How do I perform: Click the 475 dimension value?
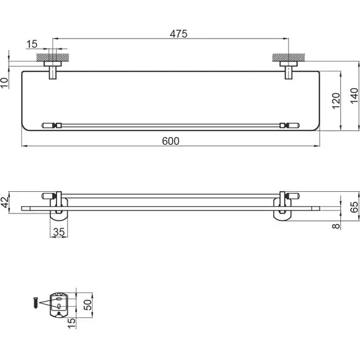click(179, 34)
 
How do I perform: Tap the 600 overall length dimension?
click(171, 141)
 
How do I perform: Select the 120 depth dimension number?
click(336, 101)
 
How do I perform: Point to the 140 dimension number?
click(354, 96)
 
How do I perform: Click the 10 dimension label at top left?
click(4, 83)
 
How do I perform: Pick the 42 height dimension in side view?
click(5, 202)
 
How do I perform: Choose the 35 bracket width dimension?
click(59, 232)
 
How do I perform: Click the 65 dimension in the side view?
click(354, 207)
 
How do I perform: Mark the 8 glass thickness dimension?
click(336, 226)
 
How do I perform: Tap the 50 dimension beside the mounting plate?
click(88, 305)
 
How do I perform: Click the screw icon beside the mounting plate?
click(36, 303)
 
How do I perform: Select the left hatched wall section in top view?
click(53, 57)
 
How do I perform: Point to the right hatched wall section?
click(289, 57)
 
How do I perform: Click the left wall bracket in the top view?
click(53, 70)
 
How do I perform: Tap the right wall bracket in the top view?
click(289, 70)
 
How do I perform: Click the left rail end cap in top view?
click(48, 125)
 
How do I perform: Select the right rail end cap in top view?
click(292, 125)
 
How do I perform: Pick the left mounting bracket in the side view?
click(59, 206)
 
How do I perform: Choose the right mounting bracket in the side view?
click(282, 206)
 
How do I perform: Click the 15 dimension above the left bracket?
click(32, 44)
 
